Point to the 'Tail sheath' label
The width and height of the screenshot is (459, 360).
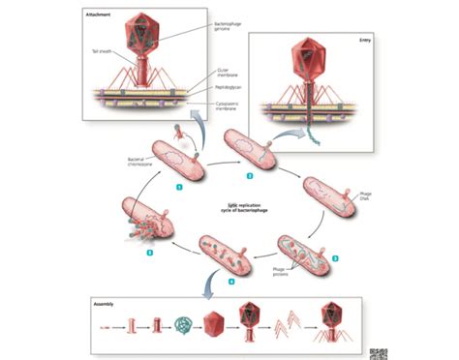coord(101,50)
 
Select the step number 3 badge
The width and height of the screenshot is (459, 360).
coord(334,258)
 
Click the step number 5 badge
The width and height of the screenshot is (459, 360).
coord(149,252)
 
